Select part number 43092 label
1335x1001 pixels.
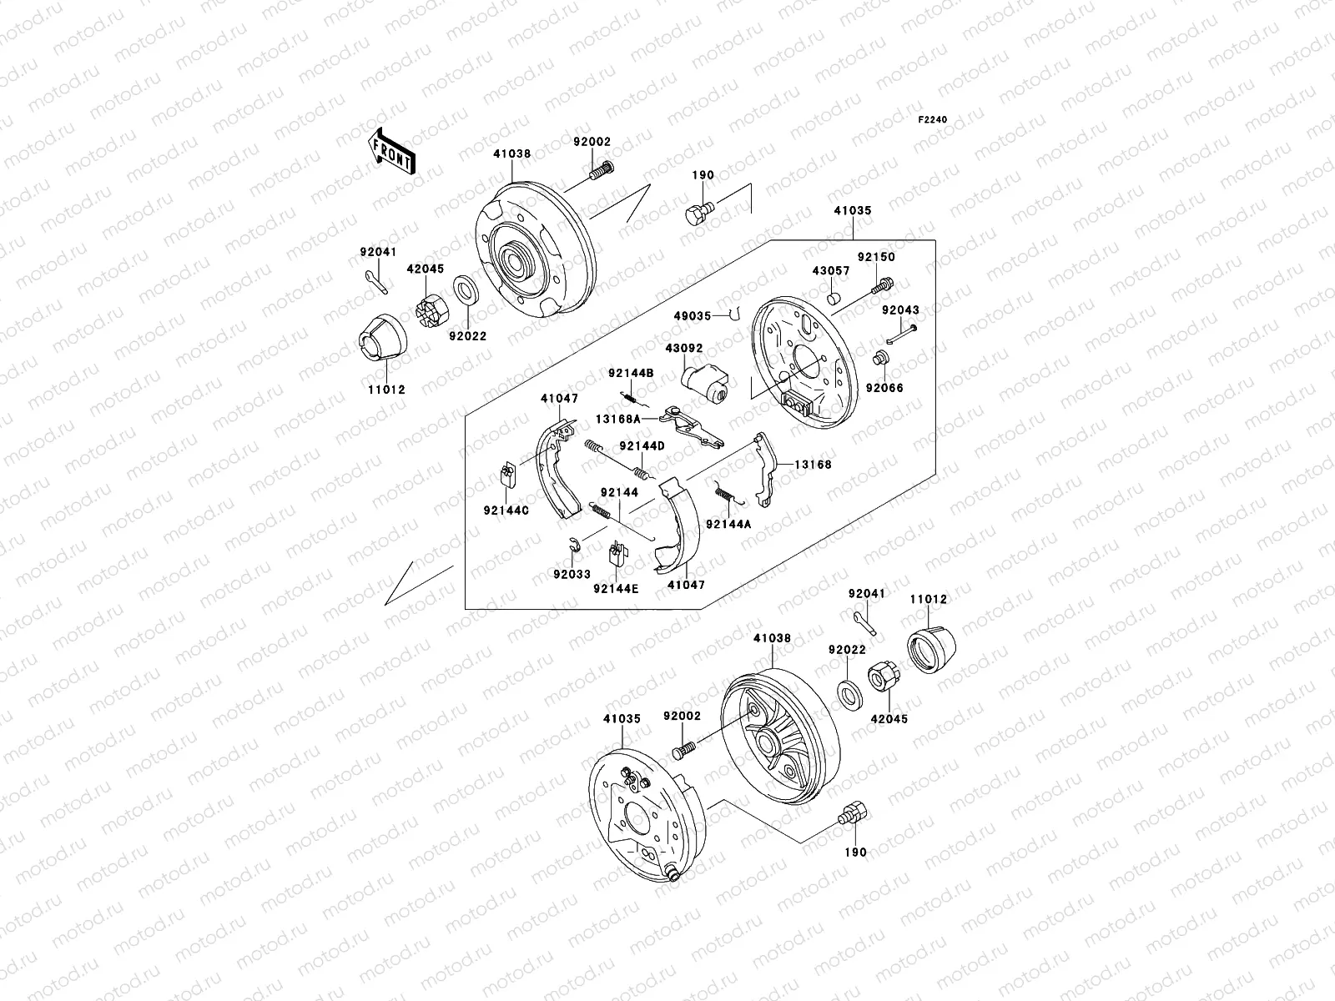pyautogui.click(x=683, y=348)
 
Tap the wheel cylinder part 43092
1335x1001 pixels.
pyautogui.click(x=705, y=383)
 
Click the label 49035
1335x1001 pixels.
pyautogui.click(x=693, y=316)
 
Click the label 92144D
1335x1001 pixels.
pyautogui.click(x=642, y=446)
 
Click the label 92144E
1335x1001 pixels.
pyautogui.click(x=616, y=588)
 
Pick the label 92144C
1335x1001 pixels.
pyautogui.click(x=506, y=511)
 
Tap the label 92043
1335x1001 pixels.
pyautogui.click(x=900, y=310)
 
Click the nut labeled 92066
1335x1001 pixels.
pyautogui.click(x=879, y=360)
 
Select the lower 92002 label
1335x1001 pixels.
pyautogui.click(x=682, y=716)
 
